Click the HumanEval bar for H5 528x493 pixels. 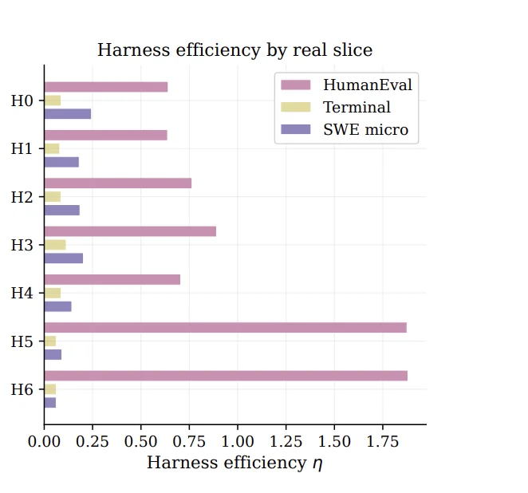225,328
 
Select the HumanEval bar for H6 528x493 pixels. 226,376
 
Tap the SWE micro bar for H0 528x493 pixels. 68,114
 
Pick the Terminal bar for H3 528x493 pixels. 55,245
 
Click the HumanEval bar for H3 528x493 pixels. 130,231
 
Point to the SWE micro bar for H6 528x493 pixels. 50,403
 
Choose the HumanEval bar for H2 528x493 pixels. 118,183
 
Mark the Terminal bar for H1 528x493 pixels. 52,149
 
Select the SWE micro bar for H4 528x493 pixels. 58,306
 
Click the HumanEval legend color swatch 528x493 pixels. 296,85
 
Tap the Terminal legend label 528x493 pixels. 357,107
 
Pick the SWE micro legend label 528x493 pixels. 366,130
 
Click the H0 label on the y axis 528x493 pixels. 22,101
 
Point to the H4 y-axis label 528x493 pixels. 22,293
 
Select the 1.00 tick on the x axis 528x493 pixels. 238,441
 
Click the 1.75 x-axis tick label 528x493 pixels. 383,441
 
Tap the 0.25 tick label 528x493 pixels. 93,441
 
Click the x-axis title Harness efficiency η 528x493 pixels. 234,463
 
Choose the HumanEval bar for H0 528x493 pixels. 106,87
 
